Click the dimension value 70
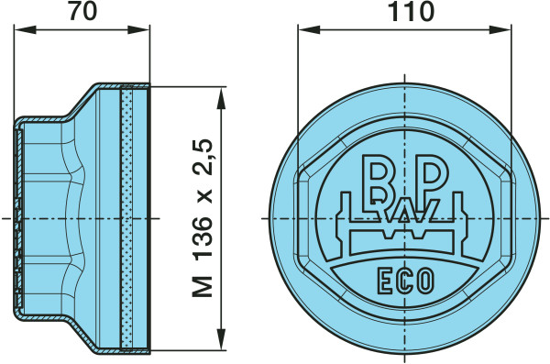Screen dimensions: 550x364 click(x=82, y=11)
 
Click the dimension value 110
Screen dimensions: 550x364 click(x=411, y=11)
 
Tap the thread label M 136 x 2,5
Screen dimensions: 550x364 click(x=203, y=218)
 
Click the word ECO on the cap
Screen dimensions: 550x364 click(x=406, y=281)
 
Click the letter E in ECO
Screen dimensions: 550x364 click(x=385, y=281)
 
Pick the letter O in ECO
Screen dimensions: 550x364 click(x=426, y=281)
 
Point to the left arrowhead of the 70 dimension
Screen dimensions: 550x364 click(x=25, y=29)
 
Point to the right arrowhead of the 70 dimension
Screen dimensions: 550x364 click(x=138, y=29)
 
